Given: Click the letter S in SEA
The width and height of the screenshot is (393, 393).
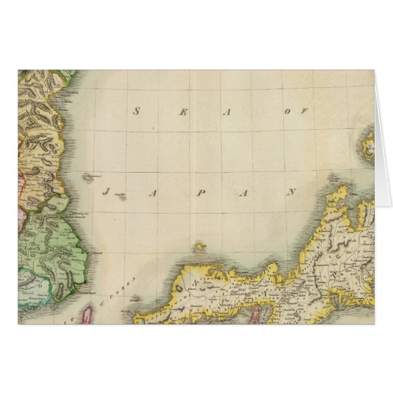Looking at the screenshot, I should coord(137,110).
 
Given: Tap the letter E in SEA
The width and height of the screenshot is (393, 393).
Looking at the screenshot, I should coord(182,110).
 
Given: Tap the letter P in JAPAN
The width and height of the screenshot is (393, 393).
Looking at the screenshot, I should coord(199,192).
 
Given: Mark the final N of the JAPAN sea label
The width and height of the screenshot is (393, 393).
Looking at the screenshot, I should coord(291,192).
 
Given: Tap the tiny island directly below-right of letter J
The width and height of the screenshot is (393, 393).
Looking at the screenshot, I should coord(121,197).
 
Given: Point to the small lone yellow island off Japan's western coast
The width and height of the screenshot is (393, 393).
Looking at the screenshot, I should coord(199,247).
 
